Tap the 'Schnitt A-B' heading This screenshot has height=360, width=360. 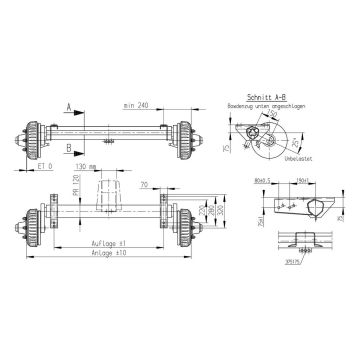(x=264, y=89)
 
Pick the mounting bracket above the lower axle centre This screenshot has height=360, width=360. (x=109, y=194)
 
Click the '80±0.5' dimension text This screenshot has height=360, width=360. (x=264, y=182)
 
